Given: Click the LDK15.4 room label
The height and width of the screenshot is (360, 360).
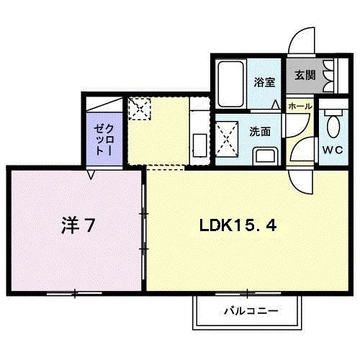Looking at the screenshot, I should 237,225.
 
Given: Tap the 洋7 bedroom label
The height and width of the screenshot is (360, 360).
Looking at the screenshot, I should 77,225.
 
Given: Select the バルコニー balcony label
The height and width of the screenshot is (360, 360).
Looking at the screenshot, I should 241,310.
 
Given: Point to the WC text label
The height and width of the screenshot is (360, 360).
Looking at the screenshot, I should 332,150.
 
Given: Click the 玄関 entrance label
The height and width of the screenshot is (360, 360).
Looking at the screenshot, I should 303,75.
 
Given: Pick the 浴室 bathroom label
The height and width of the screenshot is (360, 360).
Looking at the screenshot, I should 264,82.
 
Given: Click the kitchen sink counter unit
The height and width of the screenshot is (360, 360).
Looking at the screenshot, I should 199,134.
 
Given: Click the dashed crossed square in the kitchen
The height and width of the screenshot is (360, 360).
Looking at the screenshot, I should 138,109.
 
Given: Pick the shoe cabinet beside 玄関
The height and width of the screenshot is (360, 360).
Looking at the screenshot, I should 330,75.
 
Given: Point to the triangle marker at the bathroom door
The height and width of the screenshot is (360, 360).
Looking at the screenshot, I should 275,104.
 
